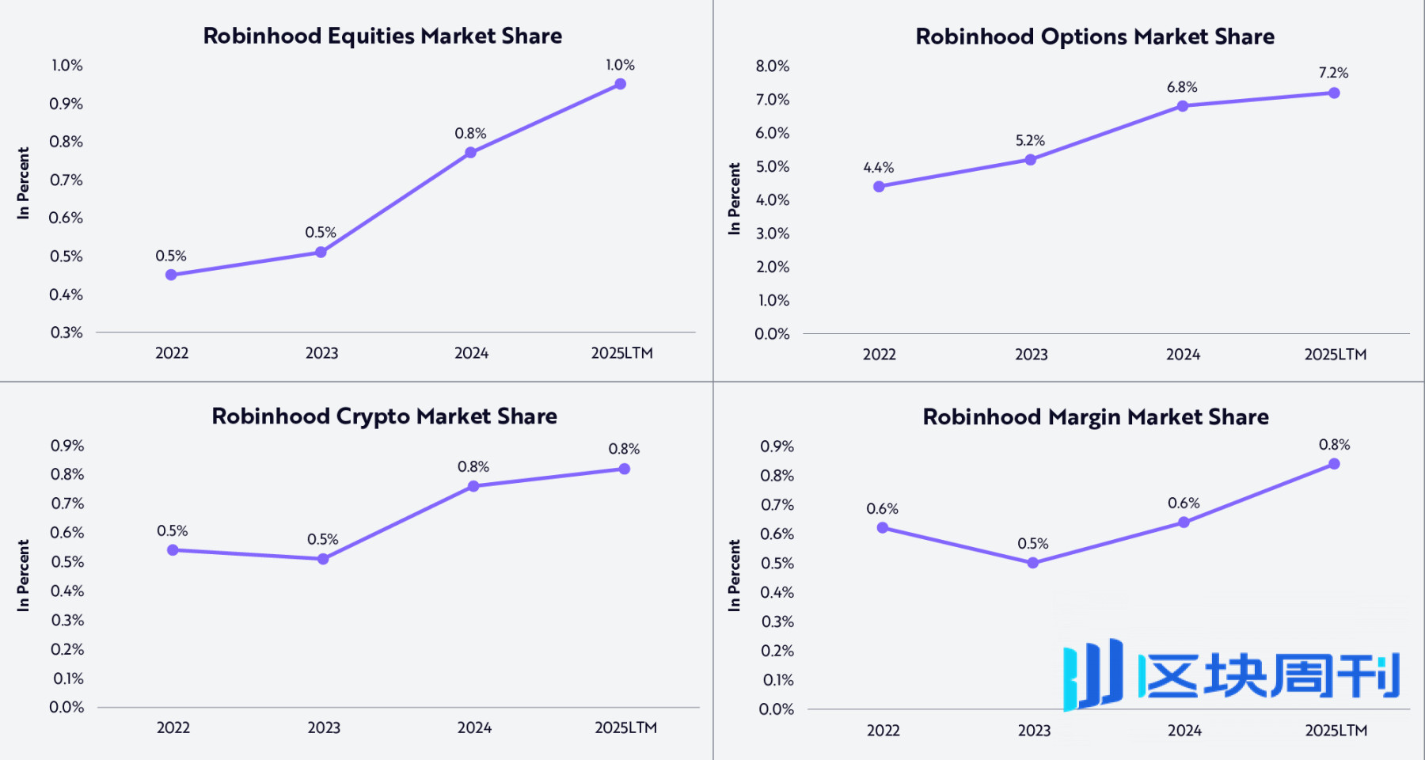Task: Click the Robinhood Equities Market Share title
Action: (382, 36)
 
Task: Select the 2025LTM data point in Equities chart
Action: (620, 84)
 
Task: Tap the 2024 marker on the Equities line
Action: (470, 152)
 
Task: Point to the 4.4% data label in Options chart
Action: (878, 168)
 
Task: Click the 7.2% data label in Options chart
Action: (1333, 73)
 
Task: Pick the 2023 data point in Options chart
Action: (1030, 160)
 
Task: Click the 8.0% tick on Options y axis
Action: (772, 66)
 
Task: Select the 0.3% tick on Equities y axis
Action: (66, 332)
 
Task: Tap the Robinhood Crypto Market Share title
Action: (384, 416)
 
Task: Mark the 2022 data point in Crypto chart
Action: (173, 550)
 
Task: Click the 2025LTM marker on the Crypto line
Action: (624, 469)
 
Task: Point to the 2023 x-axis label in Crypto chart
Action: (324, 728)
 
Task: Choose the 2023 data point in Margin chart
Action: (1032, 563)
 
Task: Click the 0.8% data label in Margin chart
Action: (1334, 445)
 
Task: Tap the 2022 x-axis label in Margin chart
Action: (883, 730)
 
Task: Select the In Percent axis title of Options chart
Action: (734, 199)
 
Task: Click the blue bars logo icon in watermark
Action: (1093, 674)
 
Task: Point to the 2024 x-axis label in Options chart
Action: (1183, 355)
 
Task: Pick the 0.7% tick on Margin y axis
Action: (777, 505)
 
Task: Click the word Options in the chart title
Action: (1084, 36)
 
